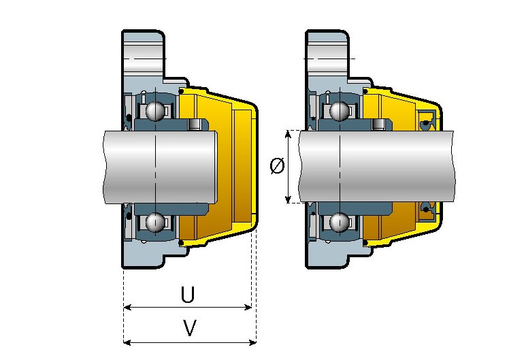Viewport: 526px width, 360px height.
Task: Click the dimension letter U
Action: [188, 294]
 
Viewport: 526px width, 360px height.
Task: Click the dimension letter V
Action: [190, 328]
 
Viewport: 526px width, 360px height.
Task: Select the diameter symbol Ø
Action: [277, 166]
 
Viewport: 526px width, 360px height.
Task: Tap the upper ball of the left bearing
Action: [155, 111]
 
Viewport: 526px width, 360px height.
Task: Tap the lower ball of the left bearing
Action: [155, 222]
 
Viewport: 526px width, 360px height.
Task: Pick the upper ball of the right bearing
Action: [339, 111]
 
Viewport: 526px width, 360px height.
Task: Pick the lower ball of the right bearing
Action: [339, 222]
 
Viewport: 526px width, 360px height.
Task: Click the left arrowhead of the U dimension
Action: [127, 307]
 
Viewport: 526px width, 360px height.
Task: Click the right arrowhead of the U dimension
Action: [248, 307]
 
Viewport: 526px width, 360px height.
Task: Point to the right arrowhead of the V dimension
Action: [252, 342]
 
